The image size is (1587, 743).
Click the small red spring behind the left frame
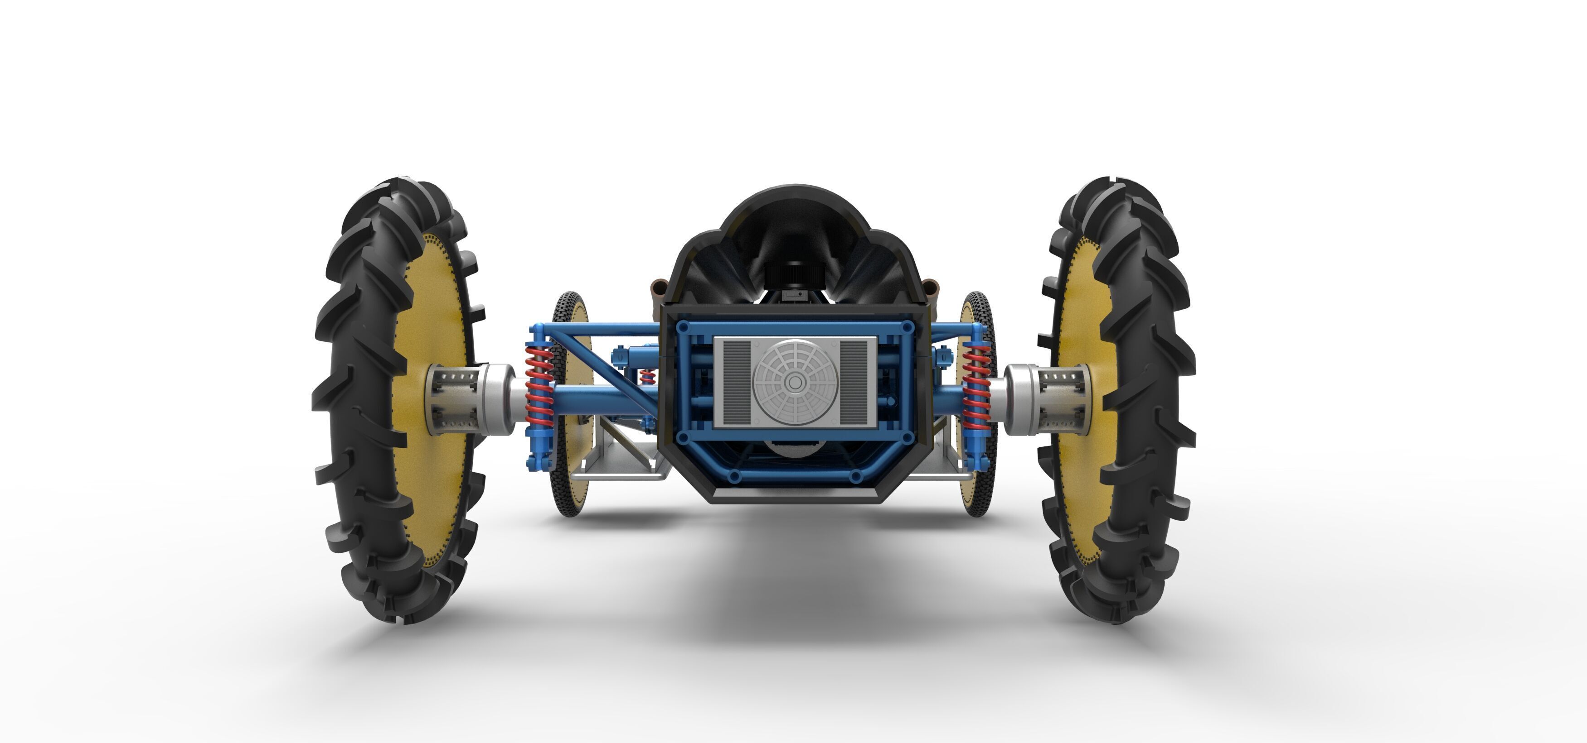[x=646, y=375]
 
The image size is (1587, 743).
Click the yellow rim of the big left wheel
[x=431, y=400]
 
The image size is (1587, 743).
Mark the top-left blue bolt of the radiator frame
[x=683, y=327]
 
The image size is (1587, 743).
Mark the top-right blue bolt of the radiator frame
[x=907, y=327]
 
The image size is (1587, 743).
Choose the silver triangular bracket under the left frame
[x=622, y=452]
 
